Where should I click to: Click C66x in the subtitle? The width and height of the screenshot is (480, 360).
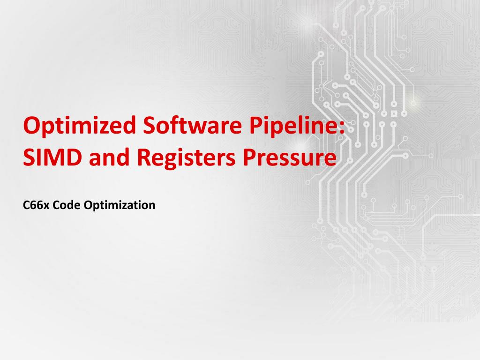33,205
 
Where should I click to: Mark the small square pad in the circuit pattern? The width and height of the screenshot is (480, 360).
393,113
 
